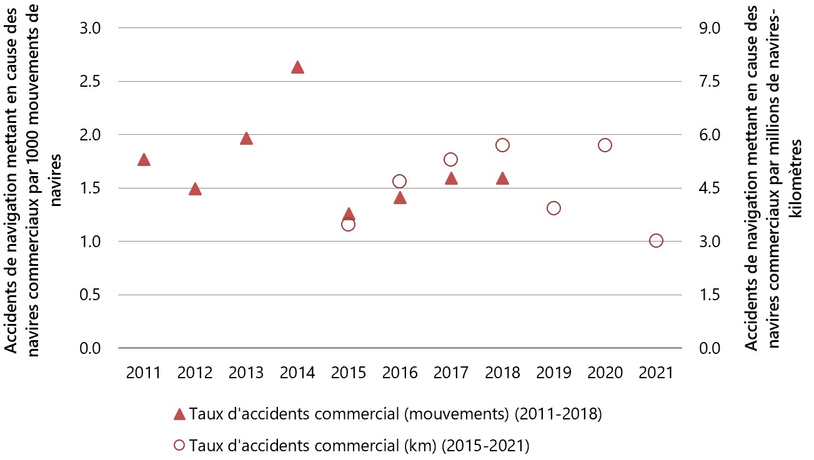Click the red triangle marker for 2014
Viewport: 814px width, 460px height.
point(297,67)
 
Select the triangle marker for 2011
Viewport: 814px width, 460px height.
point(144,160)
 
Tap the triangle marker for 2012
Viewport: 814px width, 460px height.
point(195,189)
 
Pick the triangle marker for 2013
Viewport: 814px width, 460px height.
point(246,139)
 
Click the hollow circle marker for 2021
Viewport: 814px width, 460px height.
point(656,240)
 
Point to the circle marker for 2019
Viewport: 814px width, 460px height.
point(553,208)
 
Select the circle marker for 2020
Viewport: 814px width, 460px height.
point(605,145)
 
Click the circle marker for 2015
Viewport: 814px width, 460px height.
point(349,224)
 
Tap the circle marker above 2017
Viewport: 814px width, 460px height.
point(451,159)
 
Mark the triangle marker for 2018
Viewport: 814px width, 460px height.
point(502,179)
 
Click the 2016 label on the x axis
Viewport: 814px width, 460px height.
point(400,373)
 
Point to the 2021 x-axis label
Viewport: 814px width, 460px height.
point(656,373)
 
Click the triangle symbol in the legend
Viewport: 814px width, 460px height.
point(179,414)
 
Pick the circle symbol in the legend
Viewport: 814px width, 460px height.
point(179,445)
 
